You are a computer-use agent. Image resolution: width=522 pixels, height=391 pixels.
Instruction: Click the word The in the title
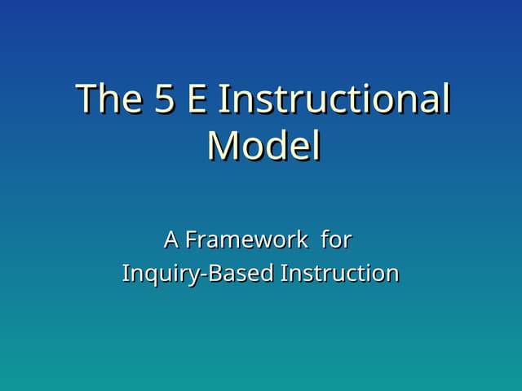[109, 99]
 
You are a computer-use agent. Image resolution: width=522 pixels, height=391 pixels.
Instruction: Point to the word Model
[263, 147]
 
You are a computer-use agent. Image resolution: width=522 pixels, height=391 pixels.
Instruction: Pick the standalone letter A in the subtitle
[170, 240]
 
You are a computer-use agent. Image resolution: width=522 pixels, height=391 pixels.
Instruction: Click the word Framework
[246, 240]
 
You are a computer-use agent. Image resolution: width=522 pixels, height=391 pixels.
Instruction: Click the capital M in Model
[223, 147]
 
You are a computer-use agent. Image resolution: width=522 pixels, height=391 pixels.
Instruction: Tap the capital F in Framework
[190, 240]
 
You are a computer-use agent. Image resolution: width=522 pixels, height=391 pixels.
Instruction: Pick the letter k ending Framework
[303, 240]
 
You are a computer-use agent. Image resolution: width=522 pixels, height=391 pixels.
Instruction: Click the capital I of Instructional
[225, 99]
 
